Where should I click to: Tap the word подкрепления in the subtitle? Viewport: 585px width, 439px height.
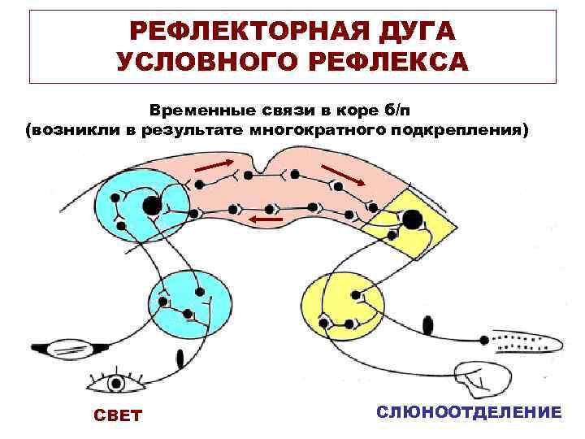[x=464, y=128]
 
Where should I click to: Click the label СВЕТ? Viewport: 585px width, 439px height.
[x=119, y=415]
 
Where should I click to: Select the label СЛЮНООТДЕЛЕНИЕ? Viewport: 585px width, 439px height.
[x=469, y=412]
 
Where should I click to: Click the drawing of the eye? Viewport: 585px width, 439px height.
[x=119, y=380]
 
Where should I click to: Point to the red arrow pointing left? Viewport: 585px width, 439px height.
[x=266, y=219]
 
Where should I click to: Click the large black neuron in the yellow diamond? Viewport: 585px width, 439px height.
[x=412, y=218]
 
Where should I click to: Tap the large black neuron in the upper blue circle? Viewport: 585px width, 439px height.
[x=152, y=206]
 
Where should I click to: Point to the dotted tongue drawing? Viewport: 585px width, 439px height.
[x=529, y=342]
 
